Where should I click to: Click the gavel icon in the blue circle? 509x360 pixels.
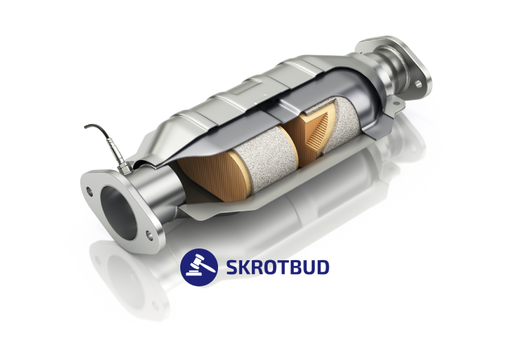click(199, 267)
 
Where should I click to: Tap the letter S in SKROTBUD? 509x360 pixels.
click(232, 267)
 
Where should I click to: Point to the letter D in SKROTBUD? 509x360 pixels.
click(323, 267)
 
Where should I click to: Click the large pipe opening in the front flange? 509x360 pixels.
click(118, 213)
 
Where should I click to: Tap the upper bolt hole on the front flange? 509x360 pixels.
click(89, 191)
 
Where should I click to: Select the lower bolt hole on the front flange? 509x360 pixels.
click(149, 235)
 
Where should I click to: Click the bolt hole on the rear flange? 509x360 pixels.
click(418, 84)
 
